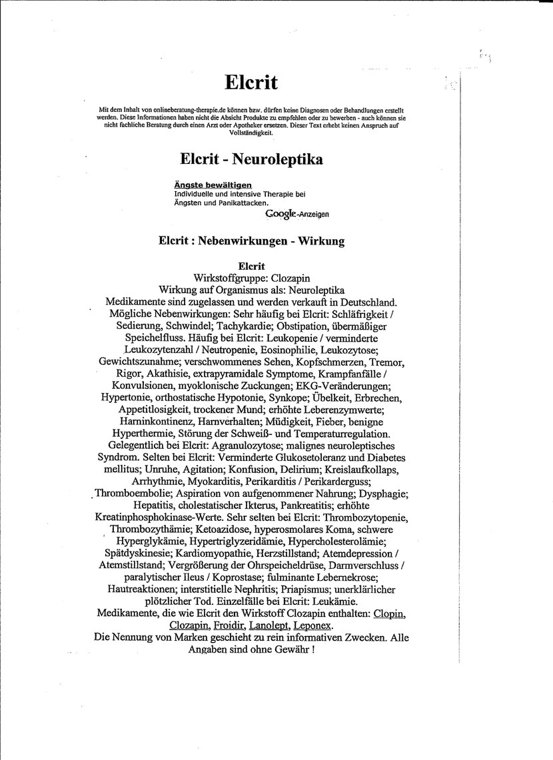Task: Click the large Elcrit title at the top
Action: pos(251,82)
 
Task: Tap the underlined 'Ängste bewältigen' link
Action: pos(213,185)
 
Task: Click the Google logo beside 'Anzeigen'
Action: pos(280,214)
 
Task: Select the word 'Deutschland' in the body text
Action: pos(361,302)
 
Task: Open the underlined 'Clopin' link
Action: pos(390,613)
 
